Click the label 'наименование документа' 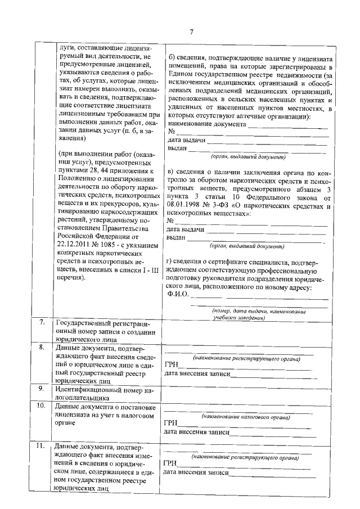tap(206, 123)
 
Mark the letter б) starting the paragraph tap(172, 58)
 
